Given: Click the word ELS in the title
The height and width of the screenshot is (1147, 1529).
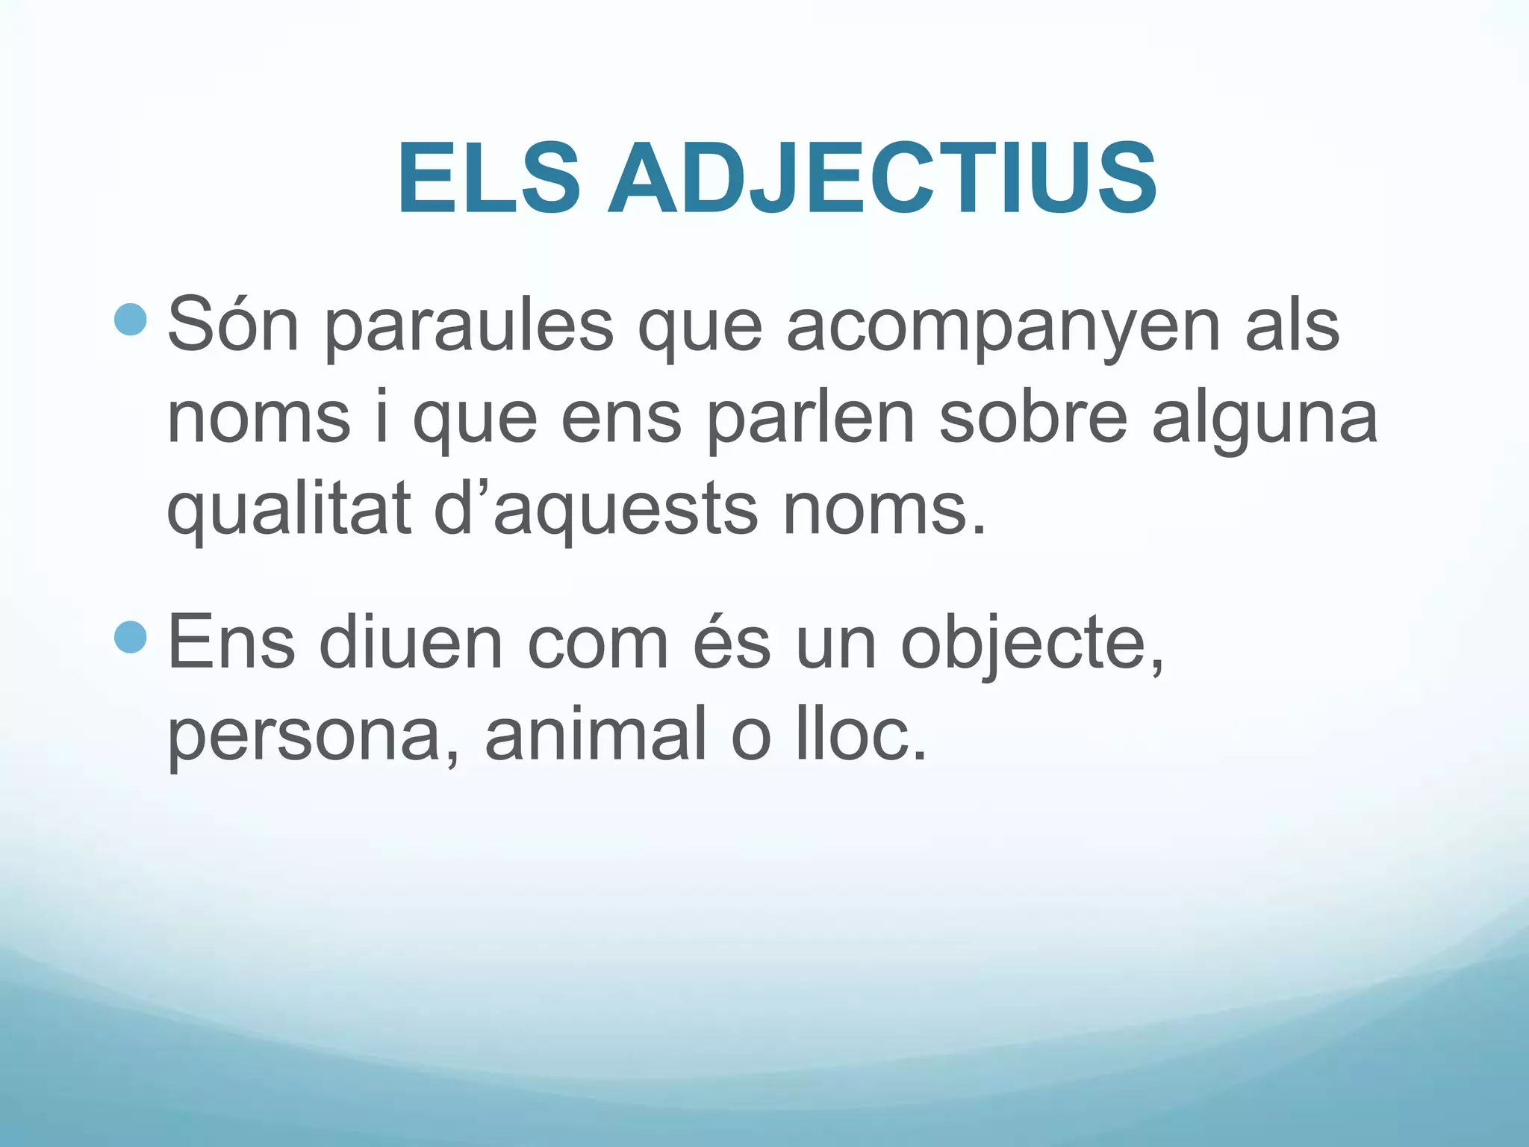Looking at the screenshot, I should [489, 180].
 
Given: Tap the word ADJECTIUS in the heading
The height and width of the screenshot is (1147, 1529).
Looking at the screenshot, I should [882, 180].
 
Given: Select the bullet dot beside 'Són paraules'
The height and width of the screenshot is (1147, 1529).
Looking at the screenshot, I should [131, 320].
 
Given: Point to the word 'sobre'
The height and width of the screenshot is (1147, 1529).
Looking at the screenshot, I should [1033, 417].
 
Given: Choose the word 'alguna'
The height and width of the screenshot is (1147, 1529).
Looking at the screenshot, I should [1265, 420].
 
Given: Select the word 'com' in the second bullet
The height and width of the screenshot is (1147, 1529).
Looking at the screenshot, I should [597, 644].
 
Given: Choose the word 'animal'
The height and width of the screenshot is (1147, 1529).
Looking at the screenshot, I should [596, 734].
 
